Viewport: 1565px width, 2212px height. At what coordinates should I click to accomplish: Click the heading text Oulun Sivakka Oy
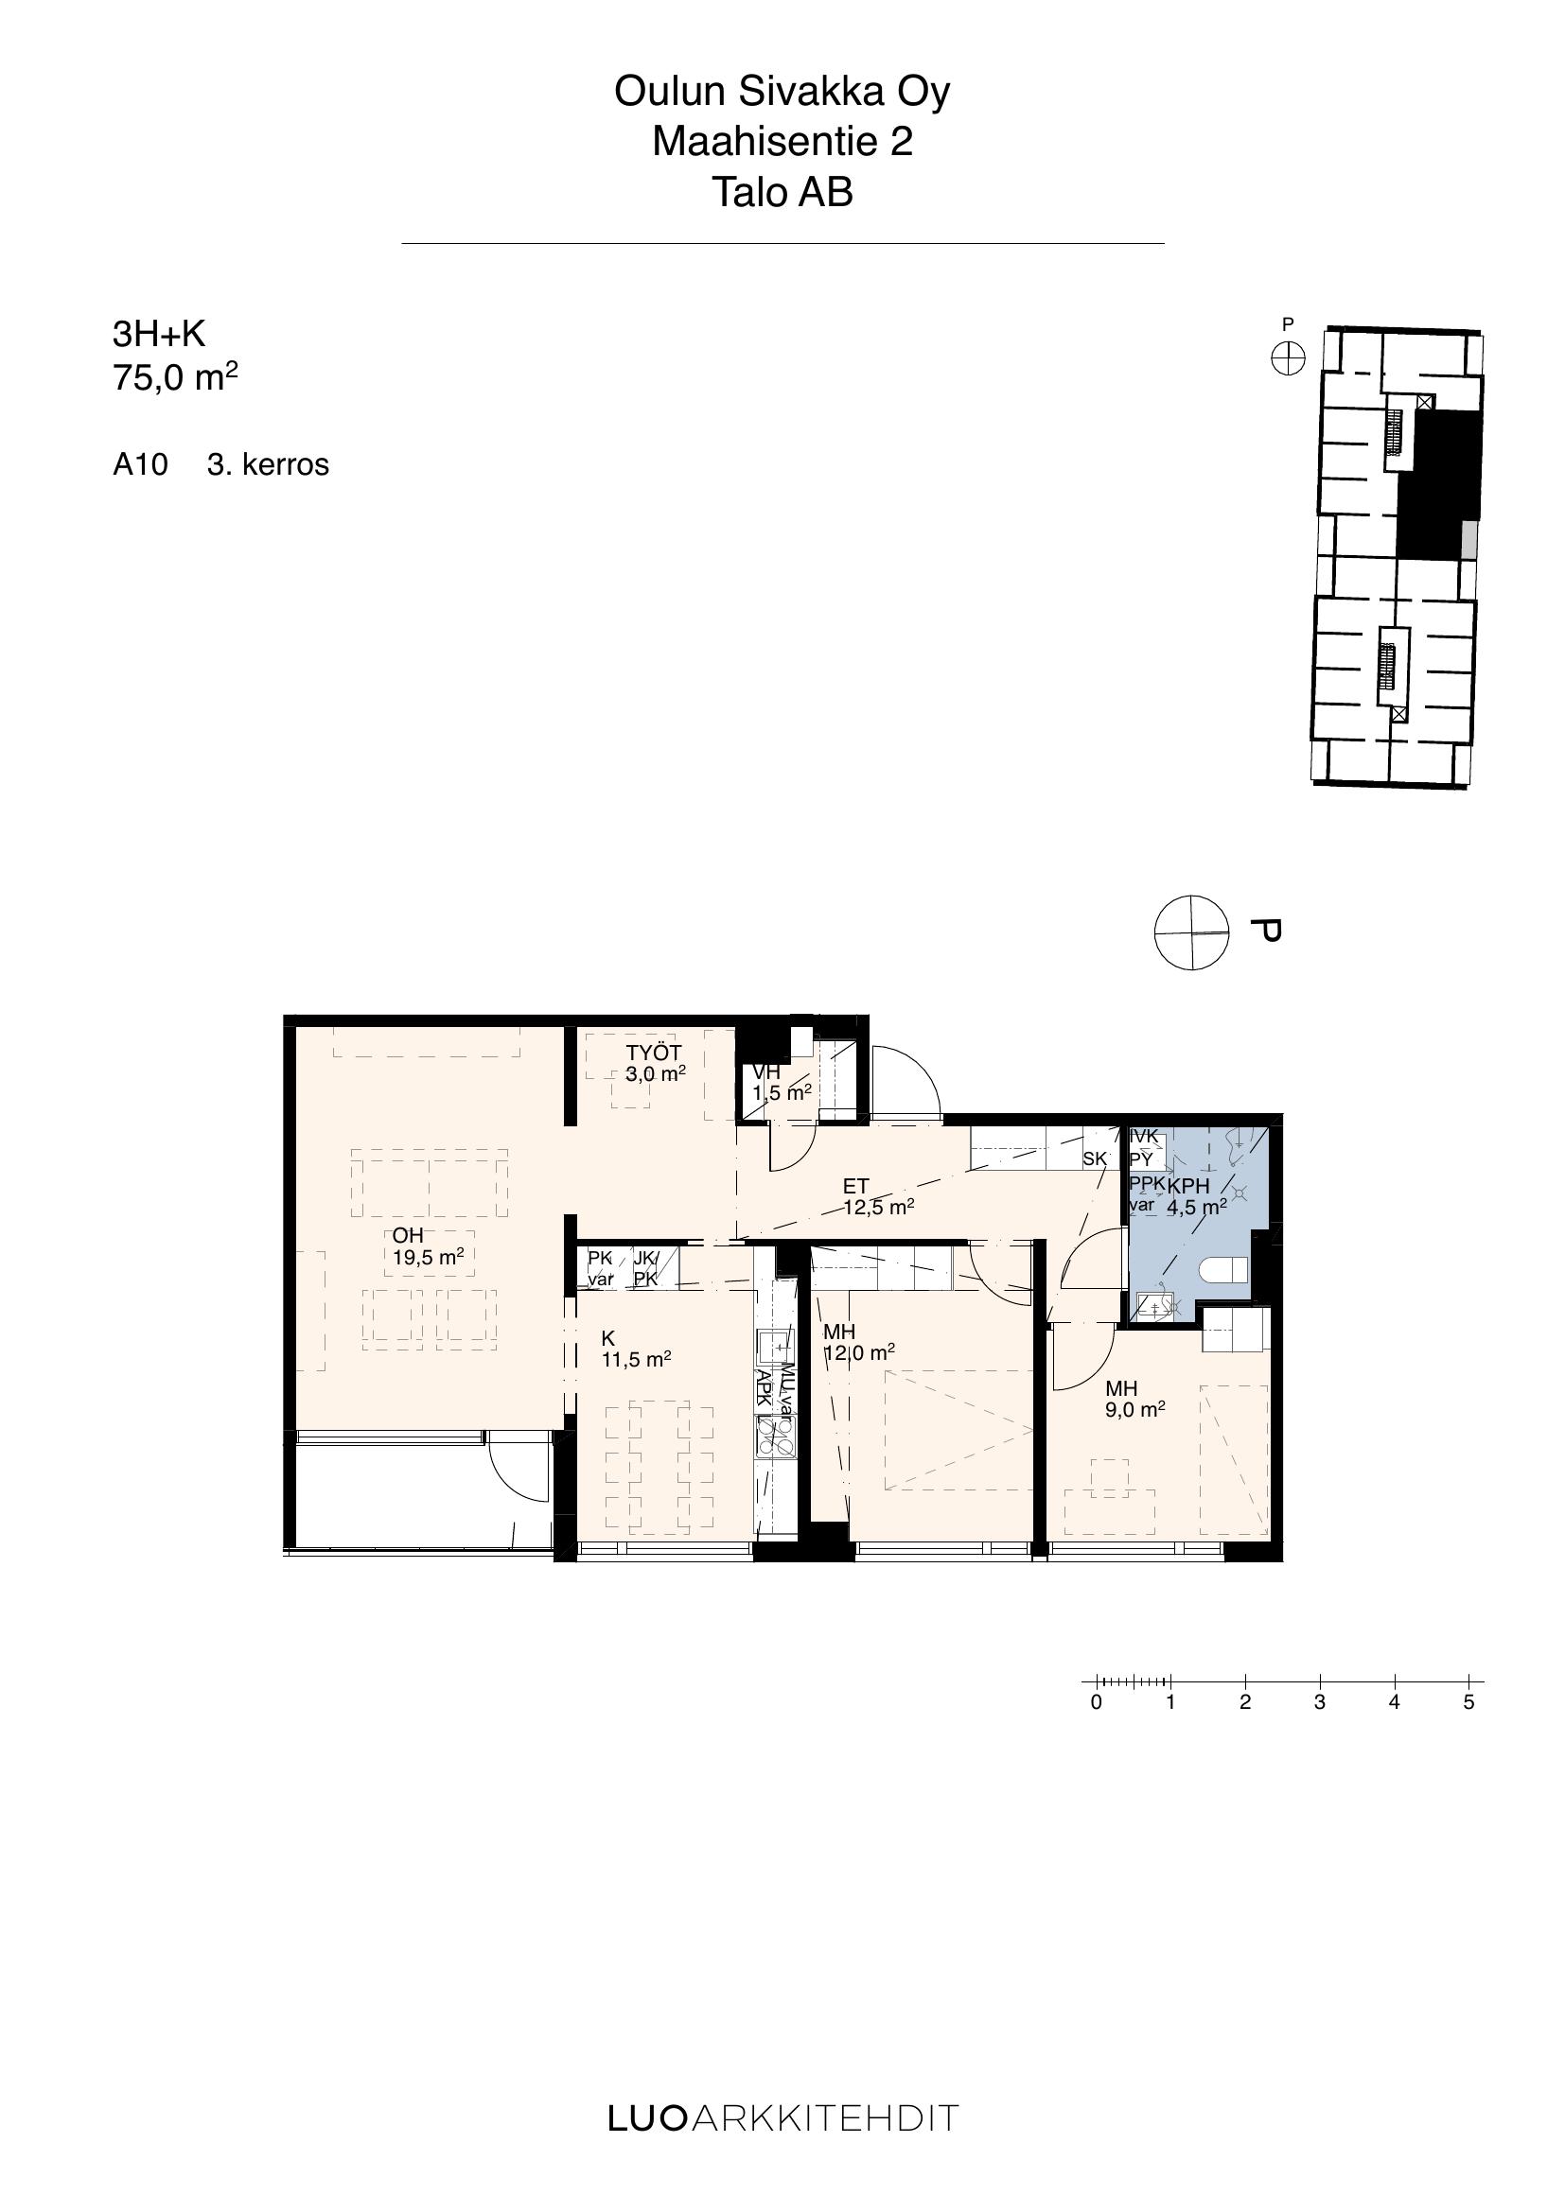[782, 93]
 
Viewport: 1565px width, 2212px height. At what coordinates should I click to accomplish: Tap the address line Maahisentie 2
[782, 143]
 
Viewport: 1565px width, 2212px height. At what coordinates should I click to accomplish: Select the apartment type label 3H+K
[159, 334]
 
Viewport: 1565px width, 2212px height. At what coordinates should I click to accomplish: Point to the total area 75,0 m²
[175, 376]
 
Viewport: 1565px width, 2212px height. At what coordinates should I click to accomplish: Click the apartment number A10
[141, 464]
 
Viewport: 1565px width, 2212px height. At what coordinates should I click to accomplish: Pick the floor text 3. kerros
[268, 464]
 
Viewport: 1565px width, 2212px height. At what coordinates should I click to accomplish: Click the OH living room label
[408, 1236]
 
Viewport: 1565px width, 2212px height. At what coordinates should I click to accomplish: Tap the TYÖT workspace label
[654, 1053]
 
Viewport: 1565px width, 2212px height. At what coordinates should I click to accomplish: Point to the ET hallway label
[855, 1187]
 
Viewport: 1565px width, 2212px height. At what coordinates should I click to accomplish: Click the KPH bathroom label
[1188, 1187]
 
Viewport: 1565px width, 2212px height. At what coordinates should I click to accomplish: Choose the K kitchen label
[608, 1339]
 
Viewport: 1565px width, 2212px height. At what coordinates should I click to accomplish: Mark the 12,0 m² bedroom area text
[858, 1352]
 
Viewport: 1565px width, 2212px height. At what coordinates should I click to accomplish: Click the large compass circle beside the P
[1192, 932]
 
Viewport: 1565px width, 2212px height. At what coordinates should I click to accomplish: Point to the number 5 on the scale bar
[1468, 1702]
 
